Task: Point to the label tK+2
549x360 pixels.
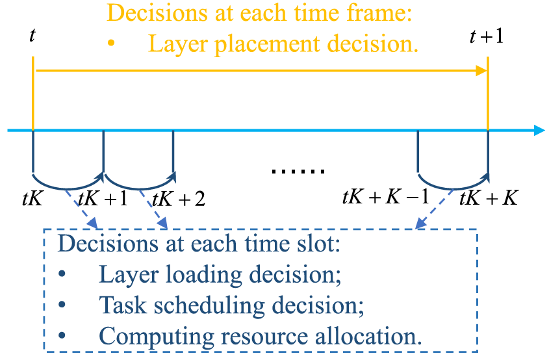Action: pyautogui.click(x=177, y=198)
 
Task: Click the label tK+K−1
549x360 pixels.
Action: pyautogui.click(x=385, y=196)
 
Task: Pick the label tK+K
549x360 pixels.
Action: pyautogui.click(x=487, y=198)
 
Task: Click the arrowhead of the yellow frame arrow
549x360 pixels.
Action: pyautogui.click(x=481, y=70)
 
